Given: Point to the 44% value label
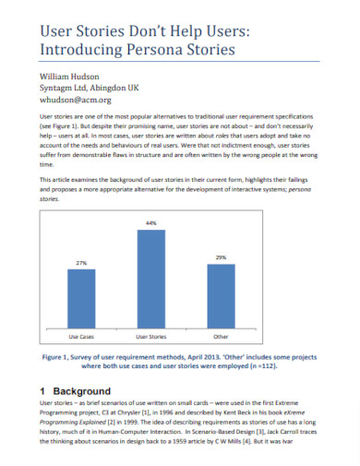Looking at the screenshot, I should pyautogui.click(x=150, y=223).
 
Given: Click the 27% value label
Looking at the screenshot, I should pyautogui.click(x=81, y=263).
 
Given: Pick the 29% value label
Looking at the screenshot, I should pyautogui.click(x=221, y=257).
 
